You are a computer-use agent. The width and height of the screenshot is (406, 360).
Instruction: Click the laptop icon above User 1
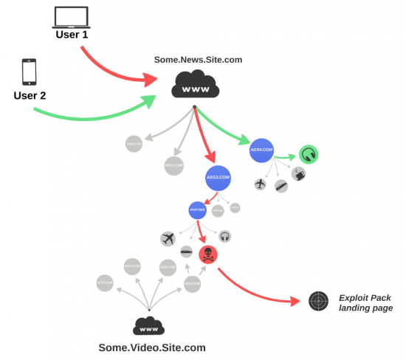tap(72, 16)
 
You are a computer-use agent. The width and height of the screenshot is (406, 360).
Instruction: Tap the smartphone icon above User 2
tap(29, 72)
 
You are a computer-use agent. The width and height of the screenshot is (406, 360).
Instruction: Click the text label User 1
tap(72, 35)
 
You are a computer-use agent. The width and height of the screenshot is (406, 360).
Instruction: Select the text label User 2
tap(30, 95)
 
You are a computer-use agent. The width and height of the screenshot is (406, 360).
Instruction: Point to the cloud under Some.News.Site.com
tap(195, 83)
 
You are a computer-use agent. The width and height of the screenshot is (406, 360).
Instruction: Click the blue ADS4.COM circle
tap(262, 150)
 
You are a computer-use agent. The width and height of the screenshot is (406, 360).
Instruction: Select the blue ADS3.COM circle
tap(219, 178)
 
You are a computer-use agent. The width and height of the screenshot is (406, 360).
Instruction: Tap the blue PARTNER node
tap(197, 210)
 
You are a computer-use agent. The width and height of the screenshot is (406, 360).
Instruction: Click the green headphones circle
tap(309, 155)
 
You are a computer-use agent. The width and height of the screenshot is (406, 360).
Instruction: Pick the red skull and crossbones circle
tap(209, 255)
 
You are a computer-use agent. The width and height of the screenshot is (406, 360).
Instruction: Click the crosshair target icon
tap(317, 301)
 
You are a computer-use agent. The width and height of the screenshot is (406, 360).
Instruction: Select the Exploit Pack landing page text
tap(365, 302)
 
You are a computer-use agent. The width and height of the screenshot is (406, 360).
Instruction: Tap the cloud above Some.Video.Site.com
tap(149, 325)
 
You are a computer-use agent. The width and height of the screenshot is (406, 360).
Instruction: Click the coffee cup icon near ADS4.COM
tap(299, 174)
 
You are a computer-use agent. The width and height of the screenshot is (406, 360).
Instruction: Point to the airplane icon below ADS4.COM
tap(260, 184)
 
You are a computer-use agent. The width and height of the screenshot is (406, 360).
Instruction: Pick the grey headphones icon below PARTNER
tap(225, 236)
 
